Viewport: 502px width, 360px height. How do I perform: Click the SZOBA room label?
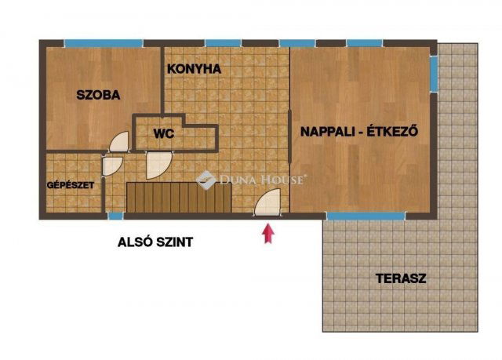98,95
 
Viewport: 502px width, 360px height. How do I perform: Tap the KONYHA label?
194,69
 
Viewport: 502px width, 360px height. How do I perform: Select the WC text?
164,133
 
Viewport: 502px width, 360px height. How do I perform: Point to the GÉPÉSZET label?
71,185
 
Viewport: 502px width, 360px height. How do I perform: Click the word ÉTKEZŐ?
392,131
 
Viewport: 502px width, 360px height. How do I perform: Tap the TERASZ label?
401,278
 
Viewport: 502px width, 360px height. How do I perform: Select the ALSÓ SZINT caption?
155,242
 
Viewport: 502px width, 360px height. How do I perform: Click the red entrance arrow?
268,233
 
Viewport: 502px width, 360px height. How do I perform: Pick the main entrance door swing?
267,202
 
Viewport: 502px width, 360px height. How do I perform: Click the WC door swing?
158,164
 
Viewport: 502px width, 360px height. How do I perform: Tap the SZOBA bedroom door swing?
119,141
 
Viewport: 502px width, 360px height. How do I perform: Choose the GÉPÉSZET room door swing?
112,166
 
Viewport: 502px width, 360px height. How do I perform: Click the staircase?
179,198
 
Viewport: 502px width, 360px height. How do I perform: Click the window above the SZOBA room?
104,43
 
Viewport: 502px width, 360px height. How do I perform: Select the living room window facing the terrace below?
366,216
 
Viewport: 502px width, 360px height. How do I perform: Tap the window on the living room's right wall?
434,75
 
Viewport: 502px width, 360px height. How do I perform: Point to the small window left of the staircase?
115,216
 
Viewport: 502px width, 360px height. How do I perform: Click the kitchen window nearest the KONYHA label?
223,43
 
